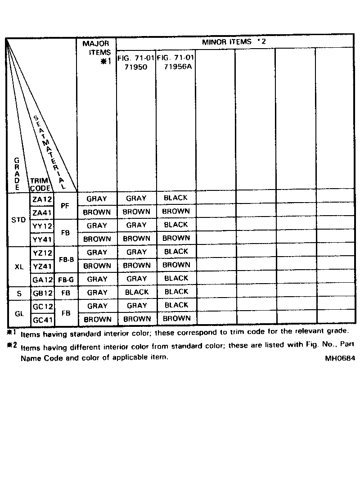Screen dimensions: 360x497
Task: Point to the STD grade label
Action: coord(18,220)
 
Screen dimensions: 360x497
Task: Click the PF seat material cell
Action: coord(65,205)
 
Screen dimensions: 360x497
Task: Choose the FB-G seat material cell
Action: coord(66,280)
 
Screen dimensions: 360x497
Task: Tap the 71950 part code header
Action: coord(136,67)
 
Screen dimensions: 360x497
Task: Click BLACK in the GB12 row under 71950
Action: coord(136,292)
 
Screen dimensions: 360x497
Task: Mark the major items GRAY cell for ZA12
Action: coord(97,199)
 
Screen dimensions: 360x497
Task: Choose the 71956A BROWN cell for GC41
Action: coord(176,318)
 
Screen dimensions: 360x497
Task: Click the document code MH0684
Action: coord(339,359)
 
